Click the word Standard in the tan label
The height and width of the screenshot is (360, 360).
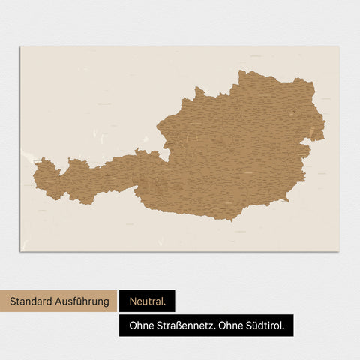pos(32,301)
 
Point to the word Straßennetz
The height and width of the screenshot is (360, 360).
pos(187,325)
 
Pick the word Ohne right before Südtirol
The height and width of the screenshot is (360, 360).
pos(236,325)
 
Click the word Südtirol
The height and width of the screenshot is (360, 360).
pos(270,325)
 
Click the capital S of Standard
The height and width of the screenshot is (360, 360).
pos(13,301)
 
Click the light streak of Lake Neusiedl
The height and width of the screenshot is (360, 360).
pos(311,134)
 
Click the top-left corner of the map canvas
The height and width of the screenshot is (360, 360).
pos(20,47)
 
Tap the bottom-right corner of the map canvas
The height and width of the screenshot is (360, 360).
pos(339,251)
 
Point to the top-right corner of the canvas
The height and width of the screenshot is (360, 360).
pos(339,47)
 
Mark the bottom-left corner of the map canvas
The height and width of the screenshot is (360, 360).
pos(20,251)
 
